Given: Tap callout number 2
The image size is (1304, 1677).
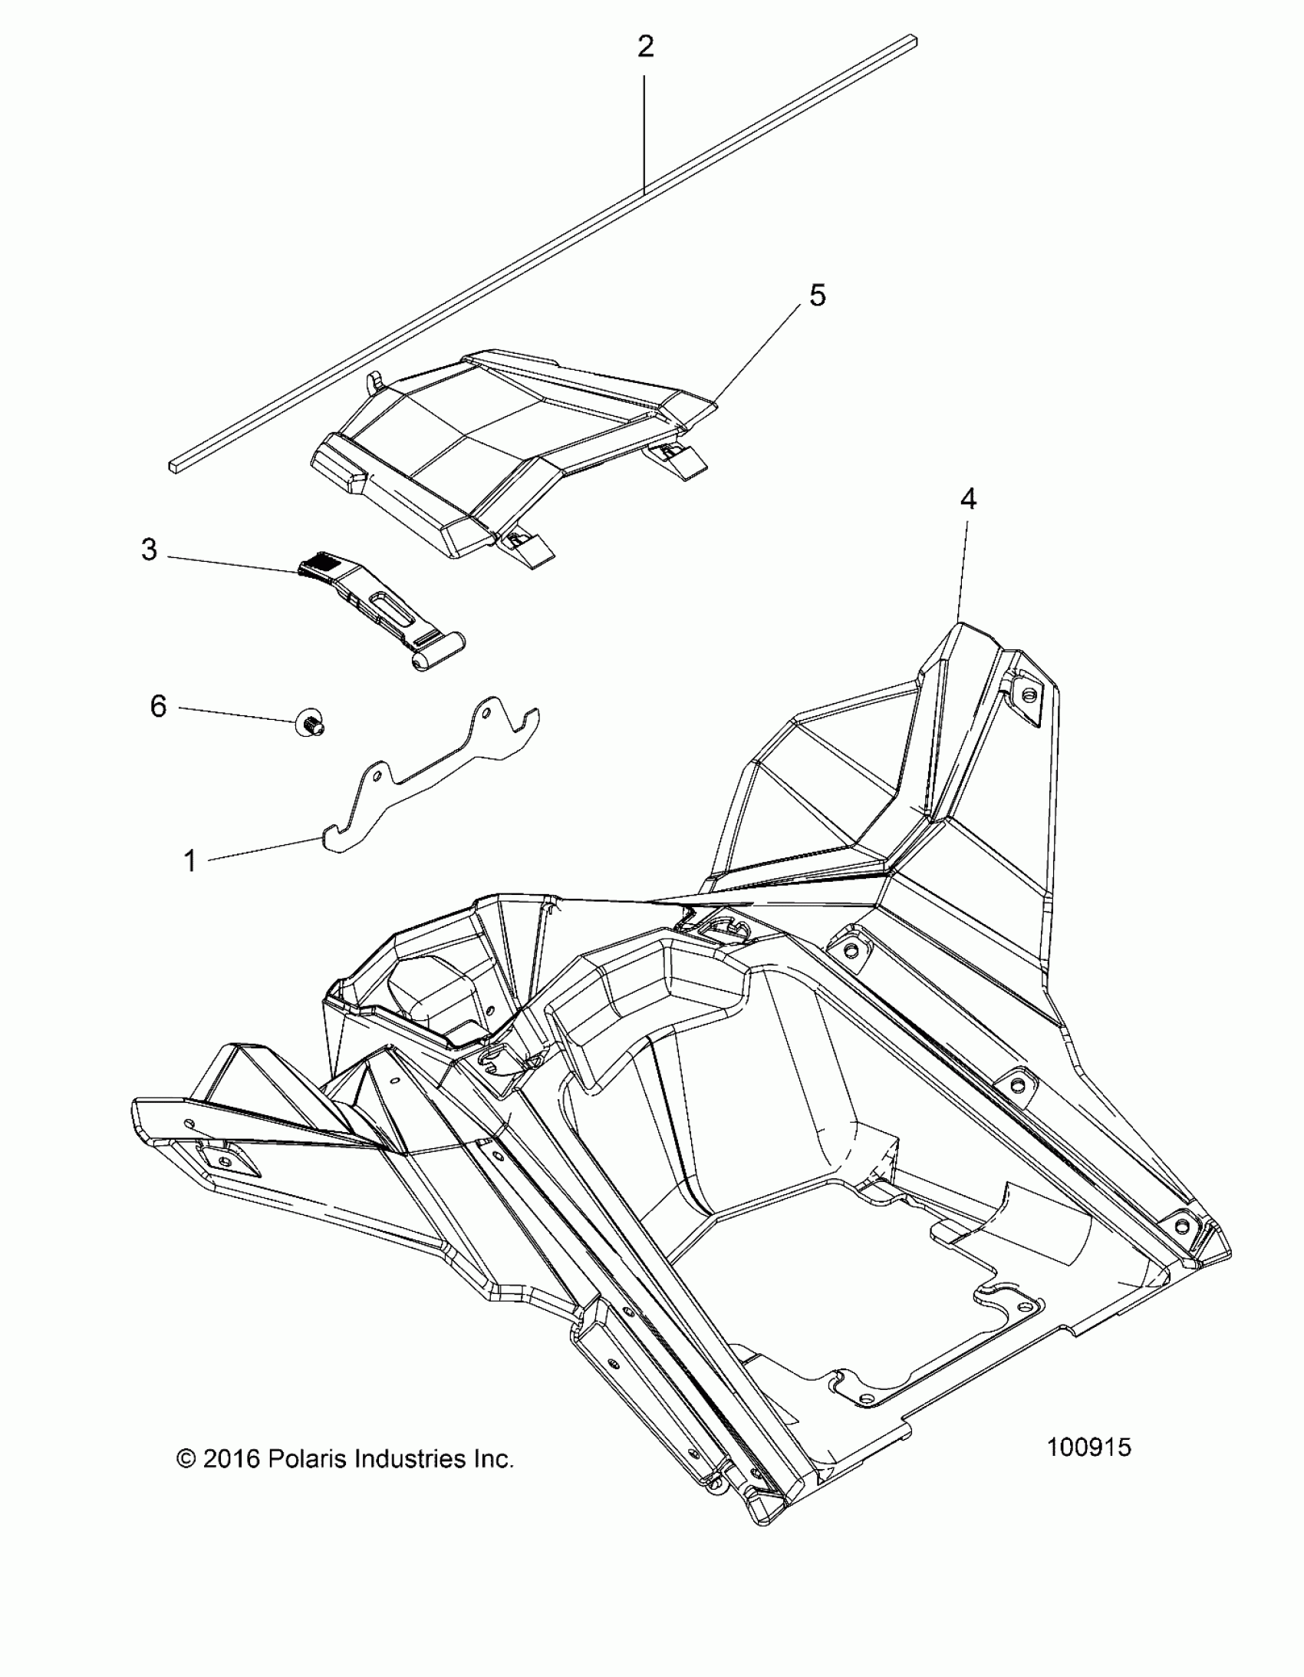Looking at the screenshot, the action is [x=645, y=48].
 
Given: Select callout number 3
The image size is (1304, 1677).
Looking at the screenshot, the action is [x=149, y=550].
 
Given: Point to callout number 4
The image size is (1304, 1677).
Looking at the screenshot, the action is [x=968, y=500].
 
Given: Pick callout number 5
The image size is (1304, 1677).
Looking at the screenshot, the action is [x=818, y=295].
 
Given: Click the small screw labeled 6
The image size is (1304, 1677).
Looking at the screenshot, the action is [x=309, y=723].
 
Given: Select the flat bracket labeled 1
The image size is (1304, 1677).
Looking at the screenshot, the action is [x=430, y=775].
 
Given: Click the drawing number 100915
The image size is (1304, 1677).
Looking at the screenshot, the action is [x=1088, y=1448].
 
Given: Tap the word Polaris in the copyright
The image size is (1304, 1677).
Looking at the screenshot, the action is [x=302, y=1458].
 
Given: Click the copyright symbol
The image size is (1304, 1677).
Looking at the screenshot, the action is [x=186, y=1458].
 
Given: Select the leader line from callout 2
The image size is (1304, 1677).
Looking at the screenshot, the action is [x=644, y=130].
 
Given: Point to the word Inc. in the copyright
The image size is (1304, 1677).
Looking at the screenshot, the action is [x=492, y=1458].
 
